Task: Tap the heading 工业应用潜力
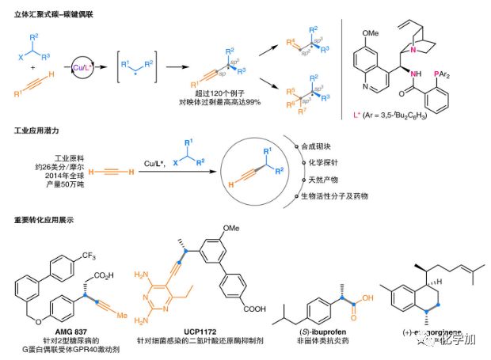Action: [x=36, y=129]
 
